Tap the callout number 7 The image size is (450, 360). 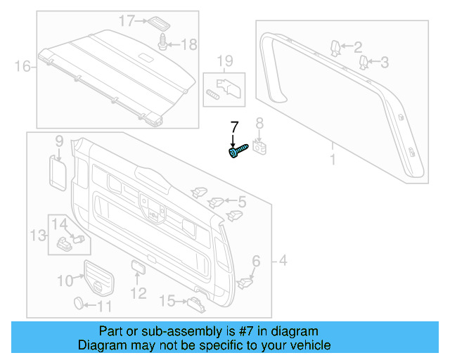pyautogui.click(x=235, y=127)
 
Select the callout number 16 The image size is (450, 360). pyautogui.click(x=22, y=67)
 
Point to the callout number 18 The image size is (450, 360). pyautogui.click(x=190, y=44)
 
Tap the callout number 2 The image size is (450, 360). pyautogui.click(x=358, y=47)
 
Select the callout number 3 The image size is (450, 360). pyautogui.click(x=385, y=63)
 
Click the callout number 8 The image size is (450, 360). pyautogui.click(x=259, y=124)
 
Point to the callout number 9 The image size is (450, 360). pyautogui.click(x=59, y=140)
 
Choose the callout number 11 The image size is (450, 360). pyautogui.click(x=103, y=306)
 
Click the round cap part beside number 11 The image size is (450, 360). pyautogui.click(x=80, y=304)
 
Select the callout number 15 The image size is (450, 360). pyautogui.click(x=167, y=302)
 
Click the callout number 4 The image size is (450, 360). pyautogui.click(x=283, y=262)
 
